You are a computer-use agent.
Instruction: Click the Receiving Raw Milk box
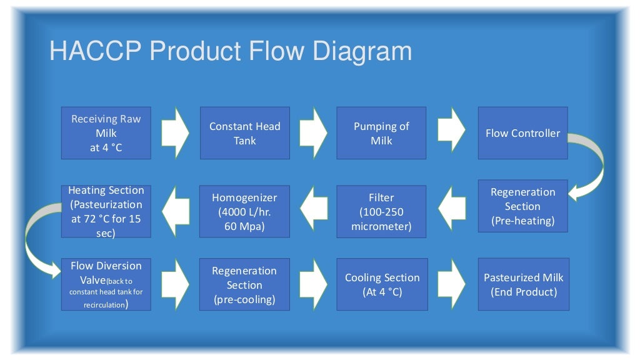106,133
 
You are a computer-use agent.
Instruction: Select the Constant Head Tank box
244,133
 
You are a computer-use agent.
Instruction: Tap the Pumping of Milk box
381,133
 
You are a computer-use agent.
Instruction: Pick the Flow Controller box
522,133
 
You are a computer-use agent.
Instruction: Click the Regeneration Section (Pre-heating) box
522,206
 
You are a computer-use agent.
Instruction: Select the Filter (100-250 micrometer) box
381,211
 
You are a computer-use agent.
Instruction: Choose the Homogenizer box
244,211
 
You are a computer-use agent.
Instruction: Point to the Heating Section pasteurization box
106,211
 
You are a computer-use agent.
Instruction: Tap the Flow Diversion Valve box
106,285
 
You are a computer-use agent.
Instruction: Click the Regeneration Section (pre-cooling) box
244,285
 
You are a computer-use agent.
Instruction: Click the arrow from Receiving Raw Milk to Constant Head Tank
176,132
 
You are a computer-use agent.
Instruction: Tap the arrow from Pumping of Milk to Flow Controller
451,132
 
